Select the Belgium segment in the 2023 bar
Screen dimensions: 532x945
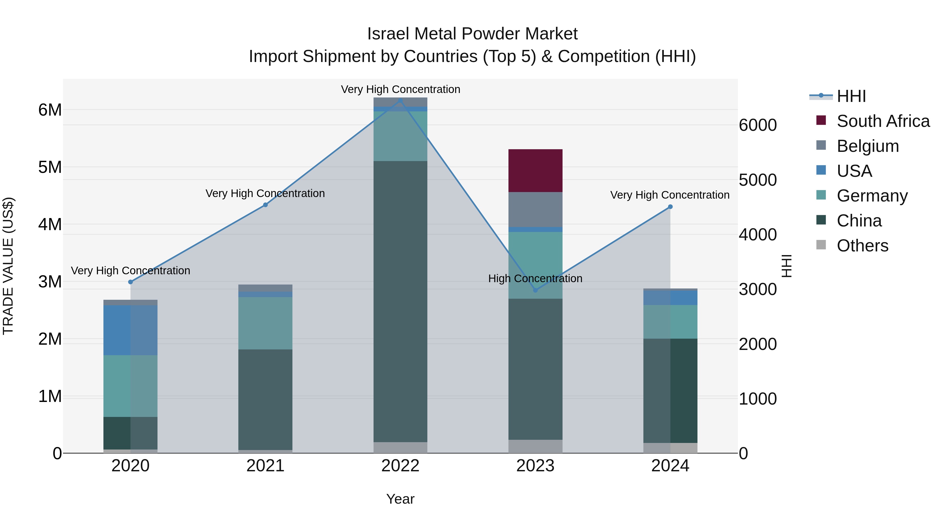535,209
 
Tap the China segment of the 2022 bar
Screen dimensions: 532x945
400,301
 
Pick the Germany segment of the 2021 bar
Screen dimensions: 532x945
265,323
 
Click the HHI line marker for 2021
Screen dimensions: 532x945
265,205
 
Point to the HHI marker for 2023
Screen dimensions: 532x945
535,290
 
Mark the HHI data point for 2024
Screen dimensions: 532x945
670,207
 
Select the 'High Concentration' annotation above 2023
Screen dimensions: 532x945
535,279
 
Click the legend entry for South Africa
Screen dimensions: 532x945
883,121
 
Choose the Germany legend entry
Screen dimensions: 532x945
872,196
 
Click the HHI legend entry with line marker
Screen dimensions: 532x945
851,96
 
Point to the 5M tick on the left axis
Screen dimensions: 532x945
50,167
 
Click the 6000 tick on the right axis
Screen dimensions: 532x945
758,125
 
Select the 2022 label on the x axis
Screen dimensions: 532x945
400,466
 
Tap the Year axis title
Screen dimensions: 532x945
400,499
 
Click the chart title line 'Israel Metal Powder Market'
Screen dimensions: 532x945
472,34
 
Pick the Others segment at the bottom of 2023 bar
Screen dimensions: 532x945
535,446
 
